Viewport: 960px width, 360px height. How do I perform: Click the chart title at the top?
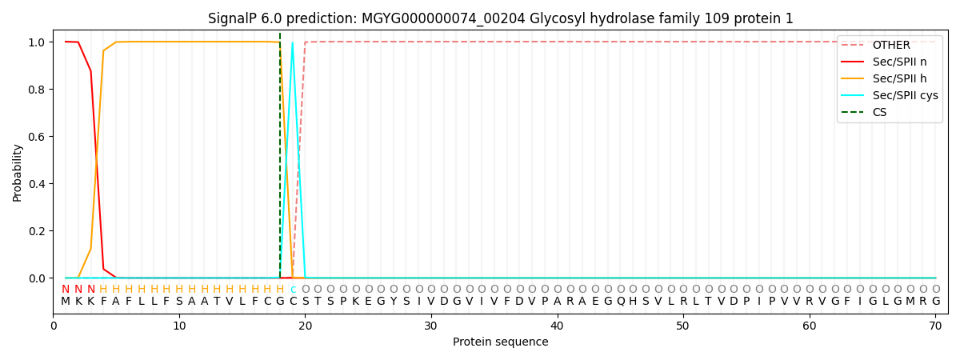pyautogui.click(x=501, y=18)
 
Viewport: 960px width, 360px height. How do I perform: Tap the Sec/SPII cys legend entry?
pyautogui.click(x=890, y=95)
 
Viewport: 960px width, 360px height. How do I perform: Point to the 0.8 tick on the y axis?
pyautogui.click(x=37, y=89)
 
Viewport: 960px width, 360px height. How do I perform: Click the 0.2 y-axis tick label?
pyautogui.click(x=37, y=231)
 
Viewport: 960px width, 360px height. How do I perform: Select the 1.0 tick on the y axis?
pyautogui.click(x=37, y=42)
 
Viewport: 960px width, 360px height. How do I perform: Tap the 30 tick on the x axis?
pyautogui.click(x=430, y=326)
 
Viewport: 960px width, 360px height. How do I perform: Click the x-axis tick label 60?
pyautogui.click(x=809, y=326)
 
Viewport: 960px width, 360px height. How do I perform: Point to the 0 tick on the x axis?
pyautogui.click(x=53, y=326)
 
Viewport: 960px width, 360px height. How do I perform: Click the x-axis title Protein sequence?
pyautogui.click(x=501, y=342)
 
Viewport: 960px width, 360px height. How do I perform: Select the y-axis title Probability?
pyautogui.click(x=17, y=173)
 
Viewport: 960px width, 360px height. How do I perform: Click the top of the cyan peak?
pyautogui.click(x=292, y=42)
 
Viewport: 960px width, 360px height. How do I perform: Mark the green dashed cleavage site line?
pyautogui.click(x=280, y=155)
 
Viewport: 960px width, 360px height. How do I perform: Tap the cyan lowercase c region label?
pyautogui.click(x=293, y=290)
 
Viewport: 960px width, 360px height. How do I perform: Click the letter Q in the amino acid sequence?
pyautogui.click(x=621, y=301)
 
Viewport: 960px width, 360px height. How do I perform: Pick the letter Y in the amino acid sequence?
pyautogui.click(x=394, y=301)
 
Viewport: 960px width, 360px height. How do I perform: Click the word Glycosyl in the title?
pyautogui.click(x=555, y=19)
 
